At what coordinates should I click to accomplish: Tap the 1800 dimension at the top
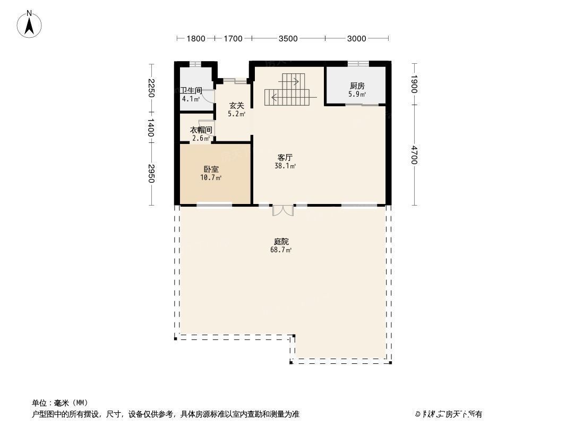coord(195,38)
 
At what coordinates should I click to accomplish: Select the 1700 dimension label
coord(233,38)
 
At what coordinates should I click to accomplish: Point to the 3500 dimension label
coord(288,38)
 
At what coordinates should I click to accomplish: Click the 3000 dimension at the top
coord(357,38)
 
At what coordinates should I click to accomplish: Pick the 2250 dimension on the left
coord(151,88)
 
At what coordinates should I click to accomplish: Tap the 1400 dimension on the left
coord(151,128)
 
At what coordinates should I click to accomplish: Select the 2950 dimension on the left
coord(151,174)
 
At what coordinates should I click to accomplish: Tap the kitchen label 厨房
coord(357,86)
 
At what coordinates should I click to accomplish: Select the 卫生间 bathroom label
coord(192,91)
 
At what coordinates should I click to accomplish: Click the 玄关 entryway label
coord(236,106)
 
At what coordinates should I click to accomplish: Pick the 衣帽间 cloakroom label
coord(201,130)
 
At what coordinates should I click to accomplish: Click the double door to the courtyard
coord(282,210)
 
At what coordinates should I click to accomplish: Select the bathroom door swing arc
coord(209,96)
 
